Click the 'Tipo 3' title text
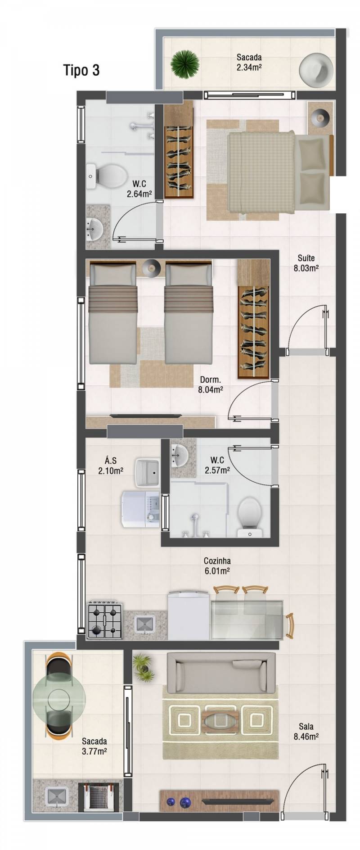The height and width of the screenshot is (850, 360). (x=81, y=70)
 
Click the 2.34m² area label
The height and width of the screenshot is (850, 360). (x=249, y=67)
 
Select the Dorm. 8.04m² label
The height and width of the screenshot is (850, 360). (x=211, y=385)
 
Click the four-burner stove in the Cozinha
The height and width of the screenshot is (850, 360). (x=105, y=619)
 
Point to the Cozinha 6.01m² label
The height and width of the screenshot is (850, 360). (x=217, y=566)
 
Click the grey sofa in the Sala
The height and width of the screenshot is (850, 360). (x=221, y=673)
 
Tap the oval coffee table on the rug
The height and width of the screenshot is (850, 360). (x=220, y=720)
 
